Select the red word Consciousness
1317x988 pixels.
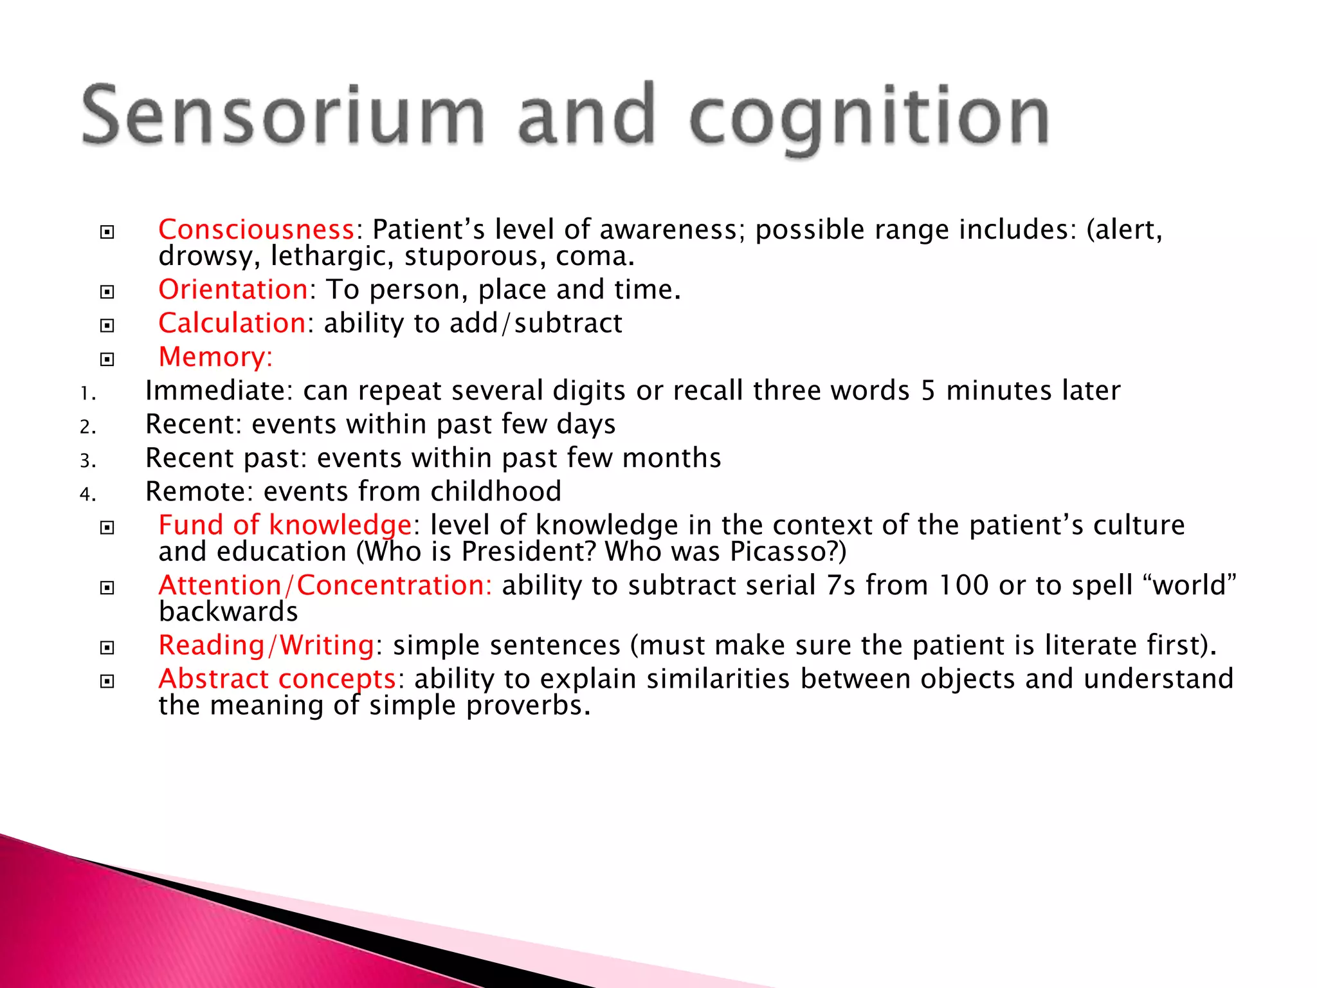coord(256,230)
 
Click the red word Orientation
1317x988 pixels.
coord(233,289)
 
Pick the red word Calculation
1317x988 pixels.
coord(232,323)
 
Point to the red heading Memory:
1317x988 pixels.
coord(215,357)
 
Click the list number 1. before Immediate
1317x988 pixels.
coord(87,393)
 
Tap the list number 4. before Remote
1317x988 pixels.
coord(87,494)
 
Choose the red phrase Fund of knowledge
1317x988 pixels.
coord(285,526)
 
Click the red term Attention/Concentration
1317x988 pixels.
coord(325,585)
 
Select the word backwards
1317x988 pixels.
coord(228,612)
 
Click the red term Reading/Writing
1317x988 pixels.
coord(266,645)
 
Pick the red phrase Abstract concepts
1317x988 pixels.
coord(277,679)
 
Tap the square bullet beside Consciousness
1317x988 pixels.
coord(107,232)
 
